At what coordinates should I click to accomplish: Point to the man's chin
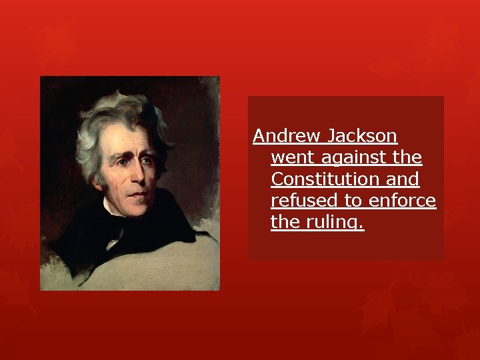140,208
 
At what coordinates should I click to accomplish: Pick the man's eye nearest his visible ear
122,159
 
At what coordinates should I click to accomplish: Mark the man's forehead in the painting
133,133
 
